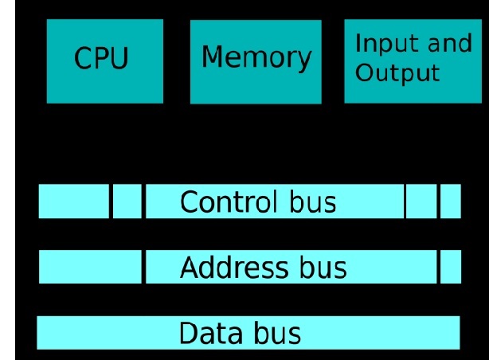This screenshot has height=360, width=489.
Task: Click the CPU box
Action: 104,61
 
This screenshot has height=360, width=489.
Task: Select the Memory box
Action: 256,61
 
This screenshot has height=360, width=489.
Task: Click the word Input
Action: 383,44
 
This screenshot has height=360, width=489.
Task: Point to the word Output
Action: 397,73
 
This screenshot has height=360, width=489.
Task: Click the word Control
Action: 229,202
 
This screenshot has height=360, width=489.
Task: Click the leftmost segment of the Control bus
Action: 73,202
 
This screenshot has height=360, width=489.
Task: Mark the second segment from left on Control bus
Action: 127,202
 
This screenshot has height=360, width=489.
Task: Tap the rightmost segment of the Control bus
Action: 451,202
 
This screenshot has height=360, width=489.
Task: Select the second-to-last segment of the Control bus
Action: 421,202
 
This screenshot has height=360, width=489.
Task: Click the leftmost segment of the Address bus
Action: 90,267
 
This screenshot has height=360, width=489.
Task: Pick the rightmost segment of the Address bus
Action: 451,267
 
